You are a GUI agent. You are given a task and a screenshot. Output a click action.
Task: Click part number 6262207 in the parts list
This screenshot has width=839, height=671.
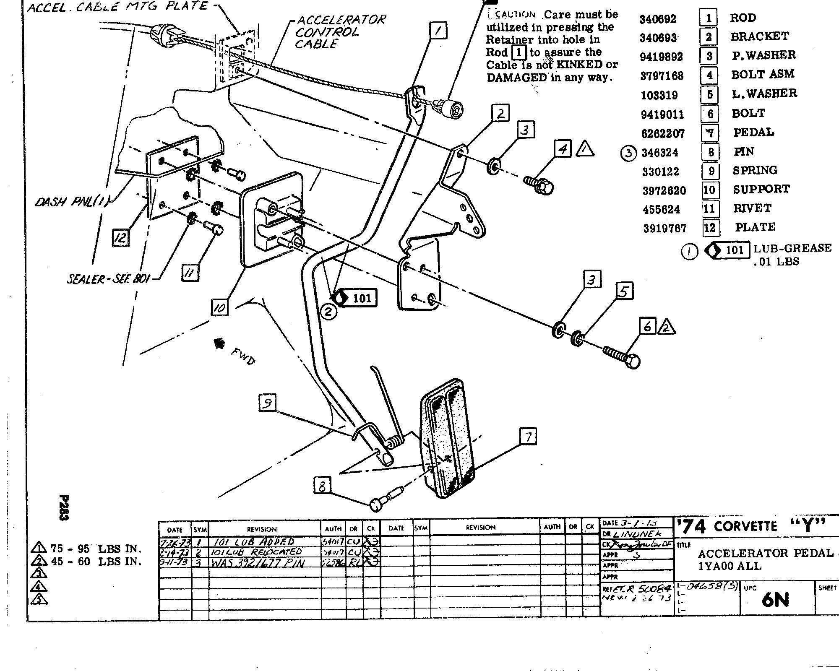663,133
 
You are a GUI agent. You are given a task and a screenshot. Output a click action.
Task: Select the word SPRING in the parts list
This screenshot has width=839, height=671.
755,170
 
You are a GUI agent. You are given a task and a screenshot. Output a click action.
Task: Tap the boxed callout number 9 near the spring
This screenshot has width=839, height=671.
267,403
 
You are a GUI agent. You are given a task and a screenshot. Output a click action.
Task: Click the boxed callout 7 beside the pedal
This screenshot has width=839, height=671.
528,437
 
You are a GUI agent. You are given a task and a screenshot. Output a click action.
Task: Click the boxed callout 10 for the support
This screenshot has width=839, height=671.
220,307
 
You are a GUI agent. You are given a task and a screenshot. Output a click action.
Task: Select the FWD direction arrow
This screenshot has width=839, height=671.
219,344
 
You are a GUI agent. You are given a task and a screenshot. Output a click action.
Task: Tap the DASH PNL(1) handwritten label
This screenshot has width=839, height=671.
71,202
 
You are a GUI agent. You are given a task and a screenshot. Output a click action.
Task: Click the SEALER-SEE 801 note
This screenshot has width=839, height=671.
108,278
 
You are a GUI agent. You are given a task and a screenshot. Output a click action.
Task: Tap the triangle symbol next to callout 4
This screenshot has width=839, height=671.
585,149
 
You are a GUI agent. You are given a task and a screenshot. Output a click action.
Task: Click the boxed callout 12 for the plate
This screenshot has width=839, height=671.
120,238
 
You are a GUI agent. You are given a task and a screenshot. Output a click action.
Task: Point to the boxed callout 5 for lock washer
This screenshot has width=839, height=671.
624,291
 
